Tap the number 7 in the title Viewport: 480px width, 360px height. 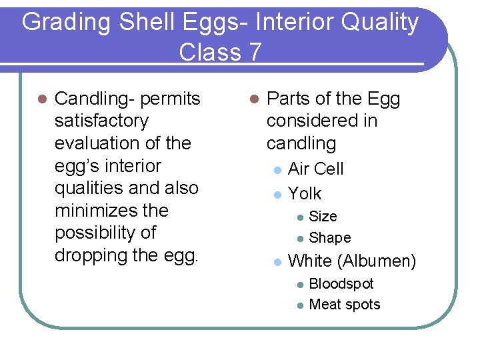pyautogui.click(x=254, y=51)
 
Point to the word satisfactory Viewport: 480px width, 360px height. pyautogui.click(x=101, y=121)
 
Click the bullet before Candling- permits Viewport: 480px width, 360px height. pyautogui.click(x=41, y=99)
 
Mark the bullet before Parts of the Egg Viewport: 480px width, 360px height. pyautogui.click(x=253, y=99)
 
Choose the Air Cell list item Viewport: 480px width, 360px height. pyautogui.click(x=315, y=169)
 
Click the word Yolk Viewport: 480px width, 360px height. pyautogui.click(x=305, y=194)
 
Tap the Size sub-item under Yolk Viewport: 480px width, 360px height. pyautogui.click(x=323, y=217)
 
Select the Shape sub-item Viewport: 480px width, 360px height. pyautogui.click(x=330, y=238)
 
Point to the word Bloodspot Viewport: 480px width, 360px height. pyautogui.click(x=341, y=284)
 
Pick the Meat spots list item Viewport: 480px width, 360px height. pyautogui.click(x=345, y=305)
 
